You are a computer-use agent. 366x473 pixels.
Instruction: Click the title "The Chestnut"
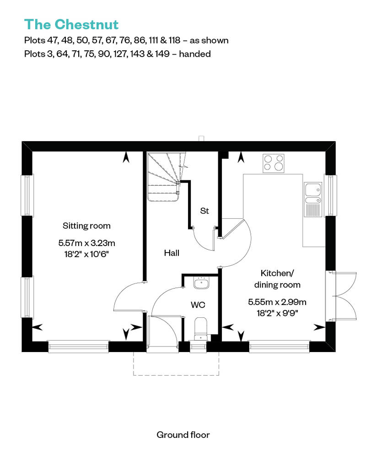(x=71, y=25)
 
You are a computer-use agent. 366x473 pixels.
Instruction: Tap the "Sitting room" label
(x=86, y=226)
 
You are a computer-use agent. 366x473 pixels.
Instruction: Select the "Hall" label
(x=172, y=253)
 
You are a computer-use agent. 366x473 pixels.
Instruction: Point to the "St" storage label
(x=205, y=210)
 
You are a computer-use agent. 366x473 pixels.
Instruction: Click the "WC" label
(x=198, y=305)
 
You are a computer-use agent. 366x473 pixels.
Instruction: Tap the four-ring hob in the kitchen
(x=274, y=163)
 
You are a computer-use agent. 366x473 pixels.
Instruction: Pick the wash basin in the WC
(x=201, y=283)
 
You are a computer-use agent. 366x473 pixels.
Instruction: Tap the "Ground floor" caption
(x=183, y=435)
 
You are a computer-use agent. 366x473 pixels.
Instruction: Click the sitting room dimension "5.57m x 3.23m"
(x=87, y=243)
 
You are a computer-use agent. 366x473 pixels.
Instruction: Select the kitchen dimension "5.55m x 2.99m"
(x=277, y=302)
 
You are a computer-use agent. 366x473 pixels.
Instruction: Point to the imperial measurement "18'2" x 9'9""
(x=277, y=313)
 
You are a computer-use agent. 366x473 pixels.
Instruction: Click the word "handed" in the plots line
(x=195, y=54)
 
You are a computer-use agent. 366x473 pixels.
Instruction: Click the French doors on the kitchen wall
(x=341, y=296)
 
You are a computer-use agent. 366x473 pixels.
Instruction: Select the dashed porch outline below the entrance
(x=176, y=375)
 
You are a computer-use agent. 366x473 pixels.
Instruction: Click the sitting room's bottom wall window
(x=79, y=347)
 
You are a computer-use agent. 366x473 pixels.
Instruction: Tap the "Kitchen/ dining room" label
(x=277, y=279)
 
